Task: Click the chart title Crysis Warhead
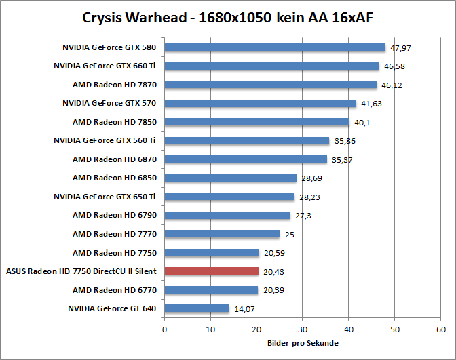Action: coord(228,17)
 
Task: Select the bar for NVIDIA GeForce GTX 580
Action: coord(275,47)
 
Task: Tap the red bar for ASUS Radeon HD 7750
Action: coord(211,271)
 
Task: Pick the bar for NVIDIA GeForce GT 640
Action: coord(197,308)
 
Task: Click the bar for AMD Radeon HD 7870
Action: coord(270,85)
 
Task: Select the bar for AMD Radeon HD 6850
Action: coord(231,178)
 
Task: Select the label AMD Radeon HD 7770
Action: coord(115,234)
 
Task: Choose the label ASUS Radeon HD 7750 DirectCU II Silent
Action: coord(81,271)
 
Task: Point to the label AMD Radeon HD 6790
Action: coord(115,216)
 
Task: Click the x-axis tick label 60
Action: coord(440,330)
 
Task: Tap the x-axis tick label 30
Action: coord(303,330)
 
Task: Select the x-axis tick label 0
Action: coord(164,330)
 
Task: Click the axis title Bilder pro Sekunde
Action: coord(303,343)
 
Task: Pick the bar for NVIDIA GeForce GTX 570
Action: coord(260,104)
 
